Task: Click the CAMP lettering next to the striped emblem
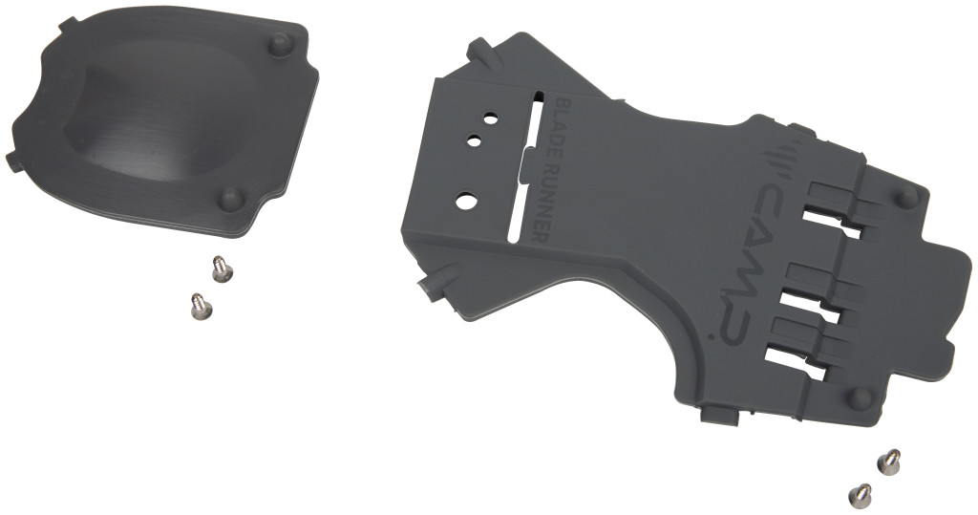coord(766,213)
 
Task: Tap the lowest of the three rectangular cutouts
coord(795,365)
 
